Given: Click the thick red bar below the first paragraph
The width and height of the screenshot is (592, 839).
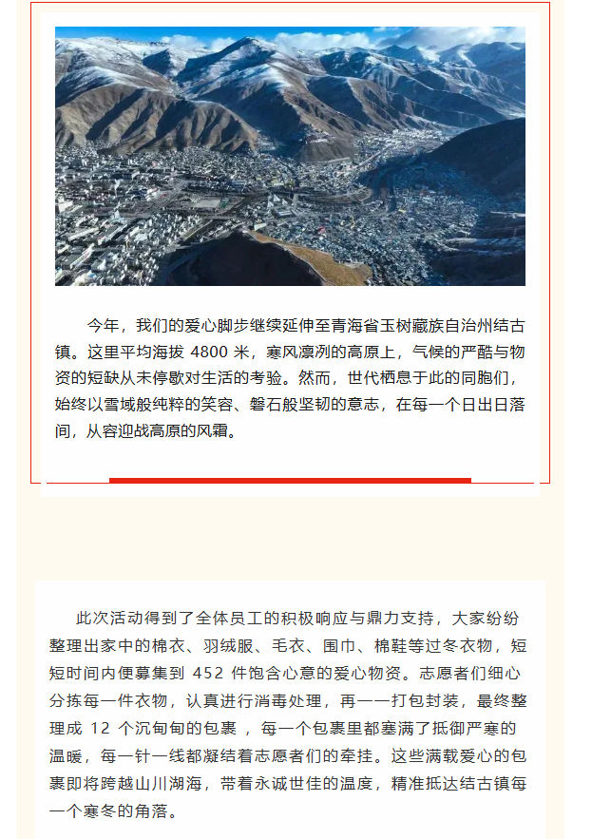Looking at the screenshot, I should (290, 480).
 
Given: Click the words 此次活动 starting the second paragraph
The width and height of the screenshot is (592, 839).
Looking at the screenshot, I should (108, 620).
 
